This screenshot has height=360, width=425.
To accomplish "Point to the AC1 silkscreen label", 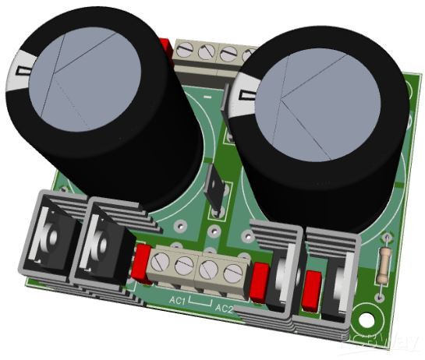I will [176, 300].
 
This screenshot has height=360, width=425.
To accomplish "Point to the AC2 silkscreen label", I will [224, 309].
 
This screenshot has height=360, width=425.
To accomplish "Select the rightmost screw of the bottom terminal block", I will [232, 274].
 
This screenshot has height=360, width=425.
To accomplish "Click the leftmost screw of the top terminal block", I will [186, 50].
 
